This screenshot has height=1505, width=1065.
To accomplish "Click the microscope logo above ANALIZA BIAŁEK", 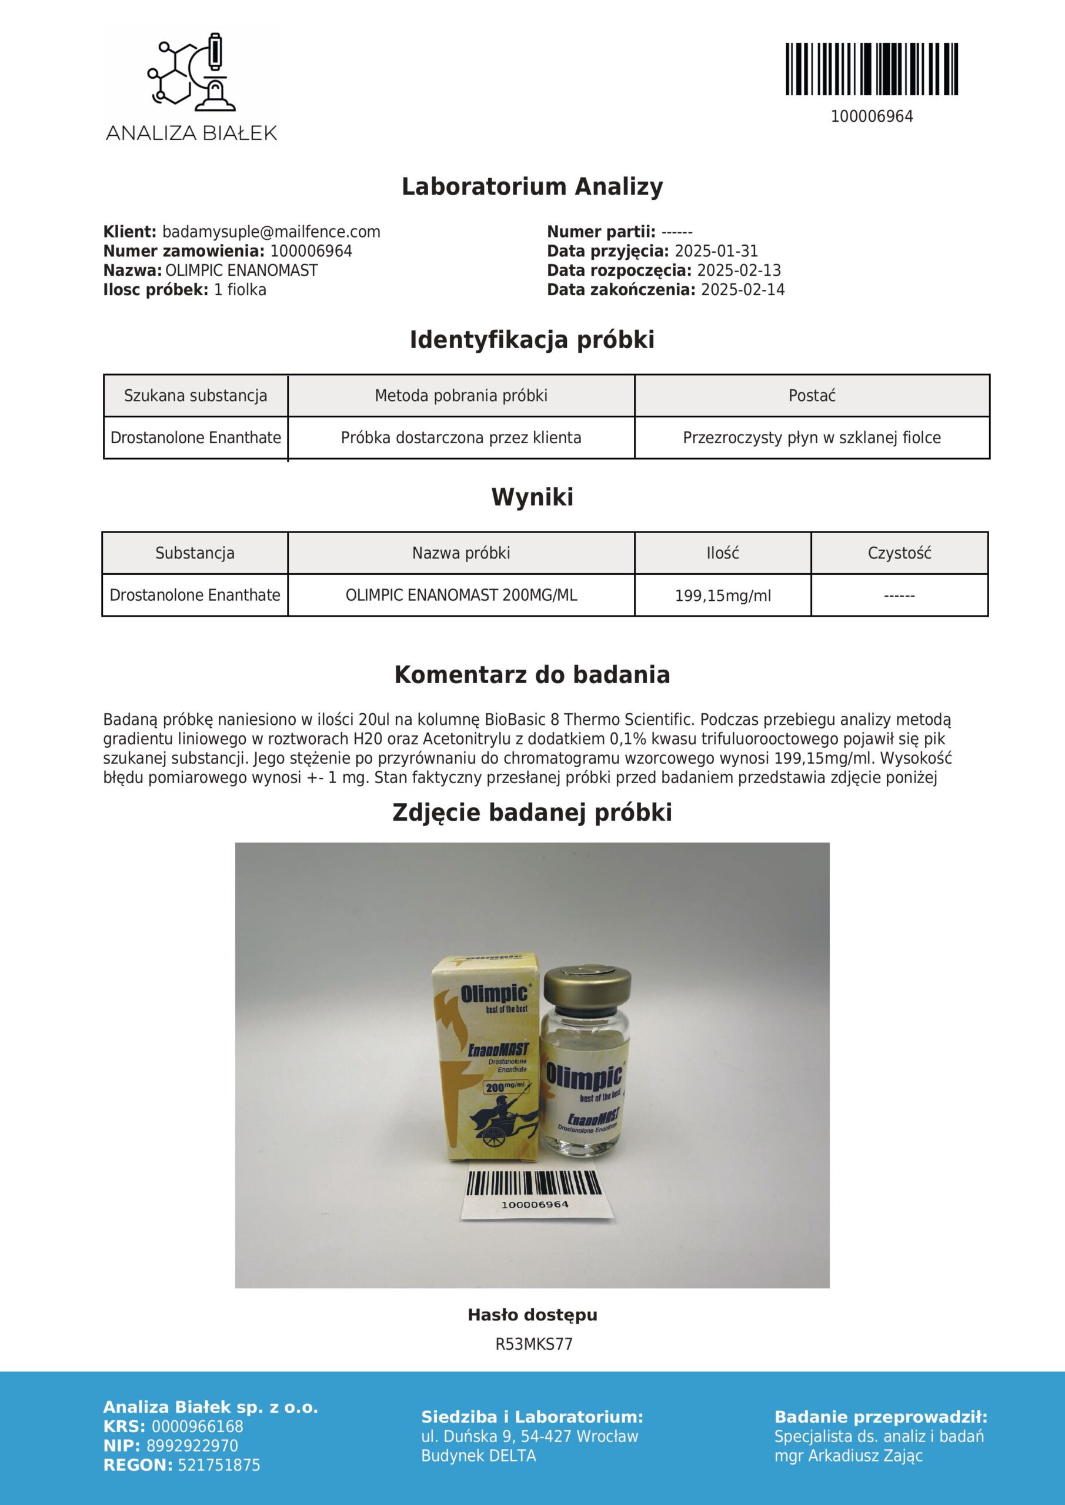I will (191, 70).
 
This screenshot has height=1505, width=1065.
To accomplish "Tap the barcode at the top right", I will (872, 69).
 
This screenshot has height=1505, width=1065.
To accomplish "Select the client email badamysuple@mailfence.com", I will (271, 232).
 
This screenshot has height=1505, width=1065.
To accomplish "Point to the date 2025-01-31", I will (716, 251).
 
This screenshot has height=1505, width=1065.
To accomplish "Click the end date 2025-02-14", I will (742, 290).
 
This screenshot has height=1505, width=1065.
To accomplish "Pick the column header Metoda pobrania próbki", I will (461, 396).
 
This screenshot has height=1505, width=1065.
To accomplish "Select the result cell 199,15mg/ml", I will (723, 596).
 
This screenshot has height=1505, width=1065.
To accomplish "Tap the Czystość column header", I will (899, 553).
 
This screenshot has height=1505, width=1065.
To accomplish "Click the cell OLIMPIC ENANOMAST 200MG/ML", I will (461, 595).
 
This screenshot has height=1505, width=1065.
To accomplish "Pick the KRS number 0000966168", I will (198, 1426).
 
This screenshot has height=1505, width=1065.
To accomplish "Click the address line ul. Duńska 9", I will (529, 1436).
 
